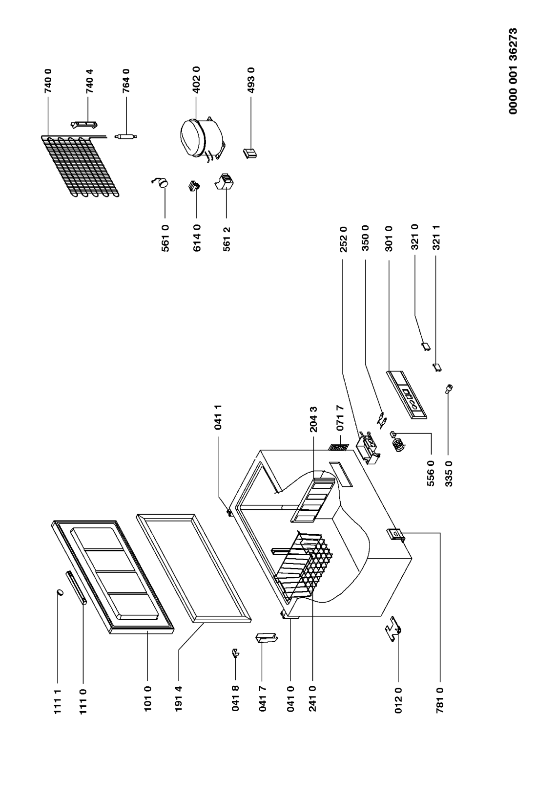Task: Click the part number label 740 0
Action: [48, 81]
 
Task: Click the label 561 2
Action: [226, 239]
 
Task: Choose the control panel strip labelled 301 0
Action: [407, 394]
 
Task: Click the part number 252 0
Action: [343, 239]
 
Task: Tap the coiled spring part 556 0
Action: [398, 442]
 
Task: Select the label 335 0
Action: [448, 474]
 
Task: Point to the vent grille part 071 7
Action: [338, 447]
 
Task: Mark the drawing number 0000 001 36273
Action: [513, 71]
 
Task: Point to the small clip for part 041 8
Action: [235, 653]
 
